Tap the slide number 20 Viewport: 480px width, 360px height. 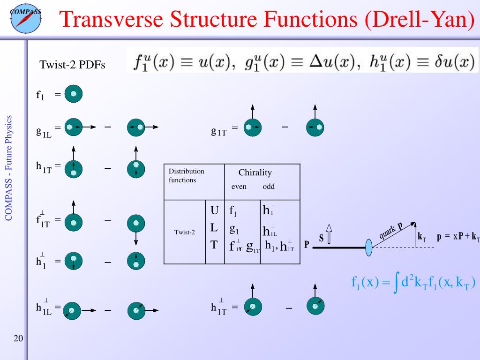tap(19, 339)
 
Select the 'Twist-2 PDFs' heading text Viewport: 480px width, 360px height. tap(72, 65)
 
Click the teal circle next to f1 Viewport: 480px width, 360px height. tap(73, 95)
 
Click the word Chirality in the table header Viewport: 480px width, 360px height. tap(255, 172)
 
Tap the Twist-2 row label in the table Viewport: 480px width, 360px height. tap(184, 232)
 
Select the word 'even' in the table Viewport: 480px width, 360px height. tap(239, 187)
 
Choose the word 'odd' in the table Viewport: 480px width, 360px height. tap(269, 187)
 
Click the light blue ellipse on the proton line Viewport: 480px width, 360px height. tap(368, 247)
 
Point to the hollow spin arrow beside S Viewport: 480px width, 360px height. tap(329, 234)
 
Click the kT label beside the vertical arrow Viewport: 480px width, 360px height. tap(422, 237)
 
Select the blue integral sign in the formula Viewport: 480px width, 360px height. tap(397, 283)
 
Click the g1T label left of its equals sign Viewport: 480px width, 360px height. tap(219, 132)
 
